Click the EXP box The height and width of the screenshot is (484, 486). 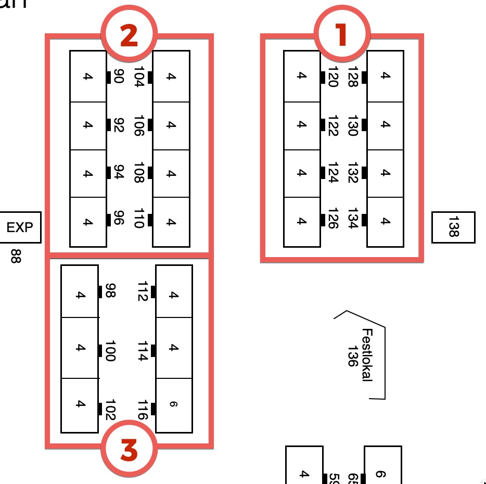coord(20,227)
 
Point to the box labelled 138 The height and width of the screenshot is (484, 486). coord(453,227)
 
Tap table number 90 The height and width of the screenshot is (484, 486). coord(118,77)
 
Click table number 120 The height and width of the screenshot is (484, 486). coord(334,76)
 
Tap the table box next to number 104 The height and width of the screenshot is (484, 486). coord(171,77)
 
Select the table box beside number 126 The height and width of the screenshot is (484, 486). coord(302,222)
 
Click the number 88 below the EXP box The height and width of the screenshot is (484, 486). coord(16,256)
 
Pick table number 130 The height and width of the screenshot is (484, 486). coord(352,125)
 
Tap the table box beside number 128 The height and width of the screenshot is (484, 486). coord(385,76)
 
